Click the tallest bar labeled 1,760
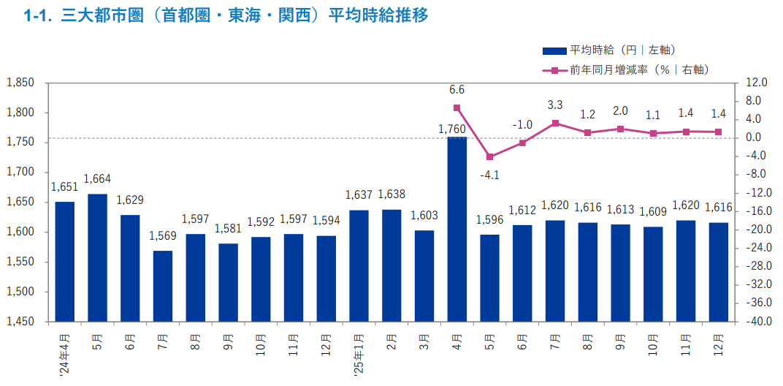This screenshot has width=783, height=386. coord(457,229)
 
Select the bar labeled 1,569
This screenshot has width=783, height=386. coord(163,286)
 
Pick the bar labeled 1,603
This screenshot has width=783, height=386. coord(424,276)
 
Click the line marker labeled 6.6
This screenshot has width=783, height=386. coord(457,107)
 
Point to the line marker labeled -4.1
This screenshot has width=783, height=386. coord(489,157)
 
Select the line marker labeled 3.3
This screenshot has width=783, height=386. coord(554,123)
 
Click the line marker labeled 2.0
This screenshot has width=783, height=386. coord(620,129)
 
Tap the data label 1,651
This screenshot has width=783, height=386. coord(64,187)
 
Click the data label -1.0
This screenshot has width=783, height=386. coord(522,124)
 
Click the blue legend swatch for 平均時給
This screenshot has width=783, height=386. coord(554,50)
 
